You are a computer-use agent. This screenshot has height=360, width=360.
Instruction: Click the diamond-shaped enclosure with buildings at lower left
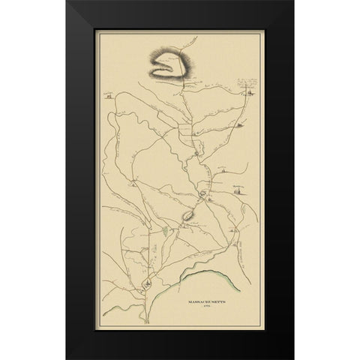point(148,284)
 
